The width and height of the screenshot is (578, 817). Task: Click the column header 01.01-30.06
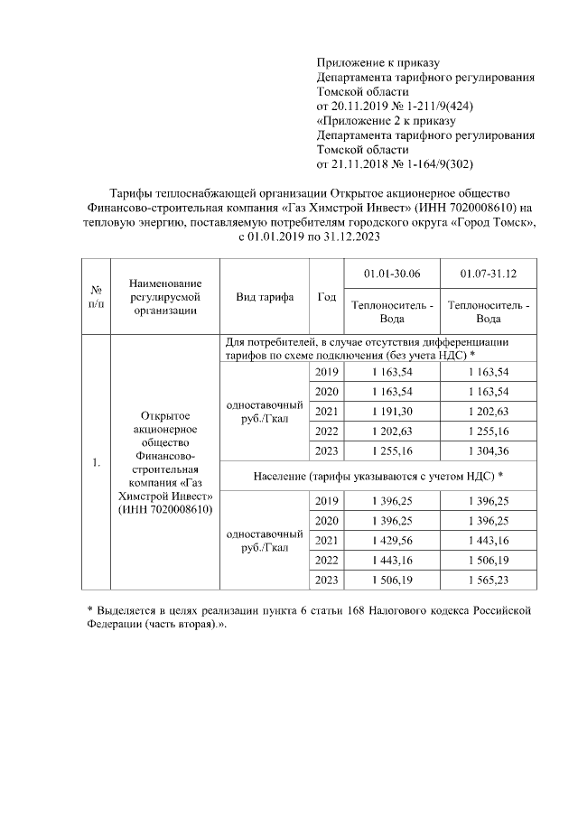391,274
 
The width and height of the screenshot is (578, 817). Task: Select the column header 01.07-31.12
489,274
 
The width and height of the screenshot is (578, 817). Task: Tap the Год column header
327,296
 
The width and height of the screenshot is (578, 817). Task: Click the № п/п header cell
96,296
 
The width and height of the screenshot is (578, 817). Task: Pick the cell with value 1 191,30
391,411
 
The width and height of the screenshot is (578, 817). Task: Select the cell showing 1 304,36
489,451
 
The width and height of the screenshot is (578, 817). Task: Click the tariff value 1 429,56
391,540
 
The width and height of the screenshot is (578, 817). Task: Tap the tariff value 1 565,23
489,580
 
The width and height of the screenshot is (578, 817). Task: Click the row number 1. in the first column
96,463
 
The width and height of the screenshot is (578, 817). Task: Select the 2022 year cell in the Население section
327,560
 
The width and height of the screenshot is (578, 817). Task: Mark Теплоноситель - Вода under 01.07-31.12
489,311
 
